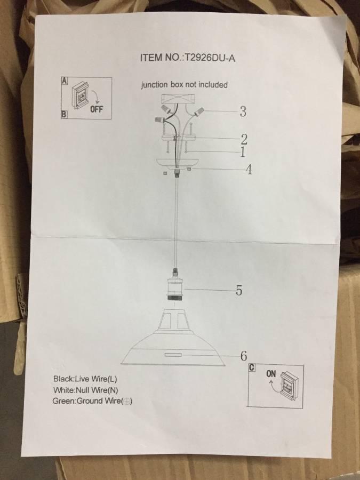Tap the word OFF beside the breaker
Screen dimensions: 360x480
point(97,109)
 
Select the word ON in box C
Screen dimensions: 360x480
point(271,374)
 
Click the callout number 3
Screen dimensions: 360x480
point(243,111)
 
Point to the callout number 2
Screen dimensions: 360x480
point(244,139)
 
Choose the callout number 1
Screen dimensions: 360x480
point(243,152)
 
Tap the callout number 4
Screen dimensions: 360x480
point(249,169)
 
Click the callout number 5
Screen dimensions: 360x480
point(239,290)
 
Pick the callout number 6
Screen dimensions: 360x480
point(244,356)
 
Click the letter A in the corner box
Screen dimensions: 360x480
point(65,81)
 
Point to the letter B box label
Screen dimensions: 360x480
point(64,115)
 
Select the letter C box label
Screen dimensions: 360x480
point(252,367)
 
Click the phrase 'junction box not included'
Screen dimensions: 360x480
point(185,85)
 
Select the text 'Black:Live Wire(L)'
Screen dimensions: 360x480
point(85,379)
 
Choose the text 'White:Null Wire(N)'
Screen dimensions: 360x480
point(85,390)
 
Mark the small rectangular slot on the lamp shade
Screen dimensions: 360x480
point(173,355)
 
